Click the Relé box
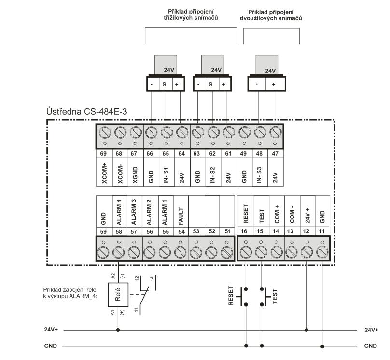[x=118, y=294]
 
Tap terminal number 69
[x=103, y=154]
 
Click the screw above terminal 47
[x=275, y=132]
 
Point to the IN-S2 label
[x=212, y=175]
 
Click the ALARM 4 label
[x=119, y=212]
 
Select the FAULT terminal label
[x=181, y=216]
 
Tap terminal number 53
[x=196, y=231]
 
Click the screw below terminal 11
[x=322, y=252]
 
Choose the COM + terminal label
[x=277, y=214]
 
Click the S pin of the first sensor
[x=164, y=85]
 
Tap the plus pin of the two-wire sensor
[x=274, y=85]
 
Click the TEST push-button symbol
[x=265, y=297]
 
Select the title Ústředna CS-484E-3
[x=86, y=111]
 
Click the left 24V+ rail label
[x=51, y=330]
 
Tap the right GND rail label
[x=371, y=346]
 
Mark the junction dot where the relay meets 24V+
[x=118, y=330]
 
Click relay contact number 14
[x=152, y=279]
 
